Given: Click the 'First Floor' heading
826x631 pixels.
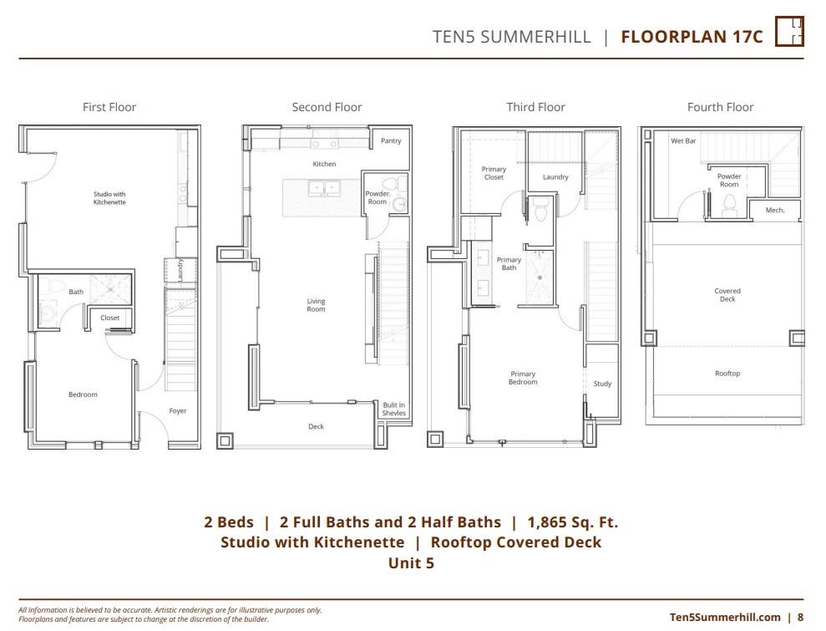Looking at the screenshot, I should click(x=109, y=107).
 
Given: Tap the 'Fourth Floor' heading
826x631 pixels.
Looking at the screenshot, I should click(x=720, y=107).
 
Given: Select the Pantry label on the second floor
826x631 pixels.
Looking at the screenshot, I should click(x=391, y=141).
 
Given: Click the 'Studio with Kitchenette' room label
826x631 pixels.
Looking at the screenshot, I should click(x=109, y=198).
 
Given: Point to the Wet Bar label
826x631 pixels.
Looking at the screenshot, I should click(x=683, y=141).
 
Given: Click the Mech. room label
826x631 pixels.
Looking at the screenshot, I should click(x=775, y=211).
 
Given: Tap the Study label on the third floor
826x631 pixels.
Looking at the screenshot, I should click(x=602, y=384).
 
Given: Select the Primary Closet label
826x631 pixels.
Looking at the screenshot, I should click(x=494, y=173).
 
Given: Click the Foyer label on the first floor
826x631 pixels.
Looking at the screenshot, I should click(x=178, y=411).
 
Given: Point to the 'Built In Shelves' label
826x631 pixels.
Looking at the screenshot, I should click(x=394, y=409).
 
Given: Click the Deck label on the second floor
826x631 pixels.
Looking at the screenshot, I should click(x=316, y=427).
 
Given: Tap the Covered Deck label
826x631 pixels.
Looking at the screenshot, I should click(x=727, y=295).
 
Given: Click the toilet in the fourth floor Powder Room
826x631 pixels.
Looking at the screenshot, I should click(x=728, y=202).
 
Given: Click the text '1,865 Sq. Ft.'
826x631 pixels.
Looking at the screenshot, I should click(x=573, y=522).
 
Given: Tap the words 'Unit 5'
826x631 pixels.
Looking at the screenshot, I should click(x=411, y=562).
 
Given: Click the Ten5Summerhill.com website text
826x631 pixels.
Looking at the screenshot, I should click(x=725, y=617).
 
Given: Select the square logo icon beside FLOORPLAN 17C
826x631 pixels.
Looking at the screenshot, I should click(x=789, y=32).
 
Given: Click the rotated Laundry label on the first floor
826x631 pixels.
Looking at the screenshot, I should click(x=180, y=272).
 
